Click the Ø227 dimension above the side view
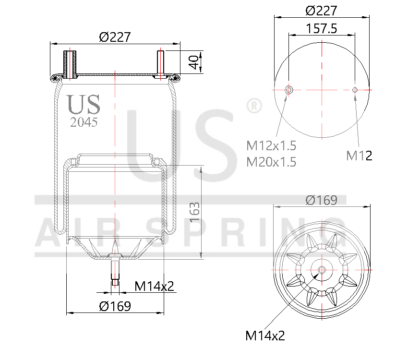click(115, 37)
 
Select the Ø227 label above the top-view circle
click(321, 10)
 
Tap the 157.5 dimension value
click(321, 28)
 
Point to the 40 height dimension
click(193, 62)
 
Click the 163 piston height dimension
click(195, 212)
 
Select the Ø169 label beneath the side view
click(115, 306)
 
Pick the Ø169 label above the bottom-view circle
click(321, 200)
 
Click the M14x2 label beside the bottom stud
click(154, 287)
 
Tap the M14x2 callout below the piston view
click(265, 335)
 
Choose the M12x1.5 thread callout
click(271, 145)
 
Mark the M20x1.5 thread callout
click(271, 162)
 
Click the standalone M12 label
click(359, 155)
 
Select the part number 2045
click(84, 122)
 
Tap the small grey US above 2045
click(84, 104)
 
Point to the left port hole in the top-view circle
click(288, 90)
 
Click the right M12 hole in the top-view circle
click(355, 90)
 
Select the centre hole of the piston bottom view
click(321, 270)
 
